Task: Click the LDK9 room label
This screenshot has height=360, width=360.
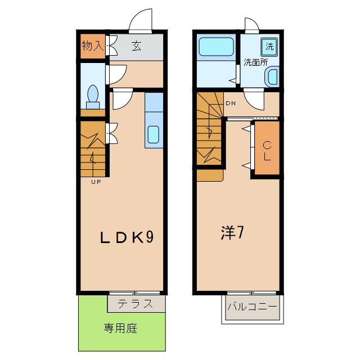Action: coord(127,238)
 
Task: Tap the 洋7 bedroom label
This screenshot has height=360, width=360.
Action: coord(231,233)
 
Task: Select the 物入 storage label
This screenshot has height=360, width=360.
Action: coord(93,46)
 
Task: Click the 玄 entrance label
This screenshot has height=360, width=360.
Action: coord(137,46)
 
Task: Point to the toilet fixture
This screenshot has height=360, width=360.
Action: coord(93,96)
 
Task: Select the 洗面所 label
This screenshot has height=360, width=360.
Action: coord(255,62)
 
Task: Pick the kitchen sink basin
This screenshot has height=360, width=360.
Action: coord(154,135)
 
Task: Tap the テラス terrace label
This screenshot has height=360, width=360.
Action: coord(136,304)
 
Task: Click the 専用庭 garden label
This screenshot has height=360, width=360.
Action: coord(120,328)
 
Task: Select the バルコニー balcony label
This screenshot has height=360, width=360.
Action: coord(251,307)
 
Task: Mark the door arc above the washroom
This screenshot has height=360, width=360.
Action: coord(251,25)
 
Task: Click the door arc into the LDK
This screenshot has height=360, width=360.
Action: coord(123,100)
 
